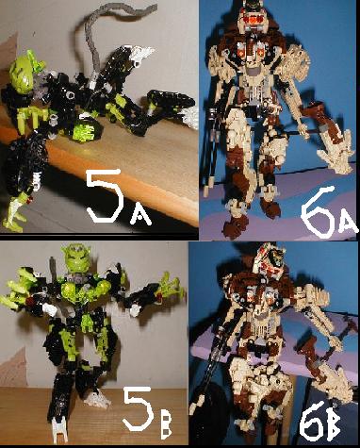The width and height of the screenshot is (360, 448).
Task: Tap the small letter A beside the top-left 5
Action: point(140,215)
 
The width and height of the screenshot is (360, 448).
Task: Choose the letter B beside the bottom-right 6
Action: point(334,425)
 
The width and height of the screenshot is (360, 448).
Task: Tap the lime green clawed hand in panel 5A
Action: point(30,117)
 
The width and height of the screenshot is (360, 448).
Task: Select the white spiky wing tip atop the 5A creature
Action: point(141,53)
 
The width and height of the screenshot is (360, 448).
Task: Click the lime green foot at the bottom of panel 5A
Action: point(13,214)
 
